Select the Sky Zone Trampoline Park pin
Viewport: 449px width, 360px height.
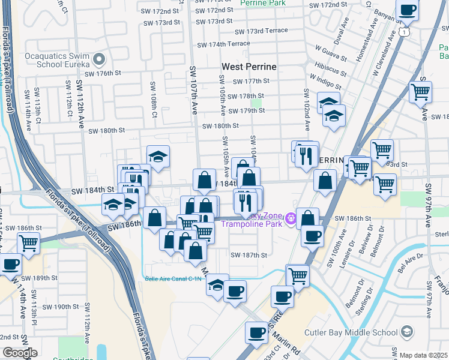(x=292, y=218)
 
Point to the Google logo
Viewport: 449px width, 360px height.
(x=20, y=353)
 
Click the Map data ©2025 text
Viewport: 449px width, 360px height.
(x=423, y=355)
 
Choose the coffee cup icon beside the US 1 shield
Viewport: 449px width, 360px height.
(x=408, y=10)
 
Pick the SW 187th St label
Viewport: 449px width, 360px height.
(x=249, y=255)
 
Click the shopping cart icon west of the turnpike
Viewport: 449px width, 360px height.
(x=28, y=243)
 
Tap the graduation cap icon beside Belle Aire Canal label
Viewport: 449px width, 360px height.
(x=217, y=284)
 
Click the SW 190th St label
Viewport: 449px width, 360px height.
(x=55, y=307)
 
